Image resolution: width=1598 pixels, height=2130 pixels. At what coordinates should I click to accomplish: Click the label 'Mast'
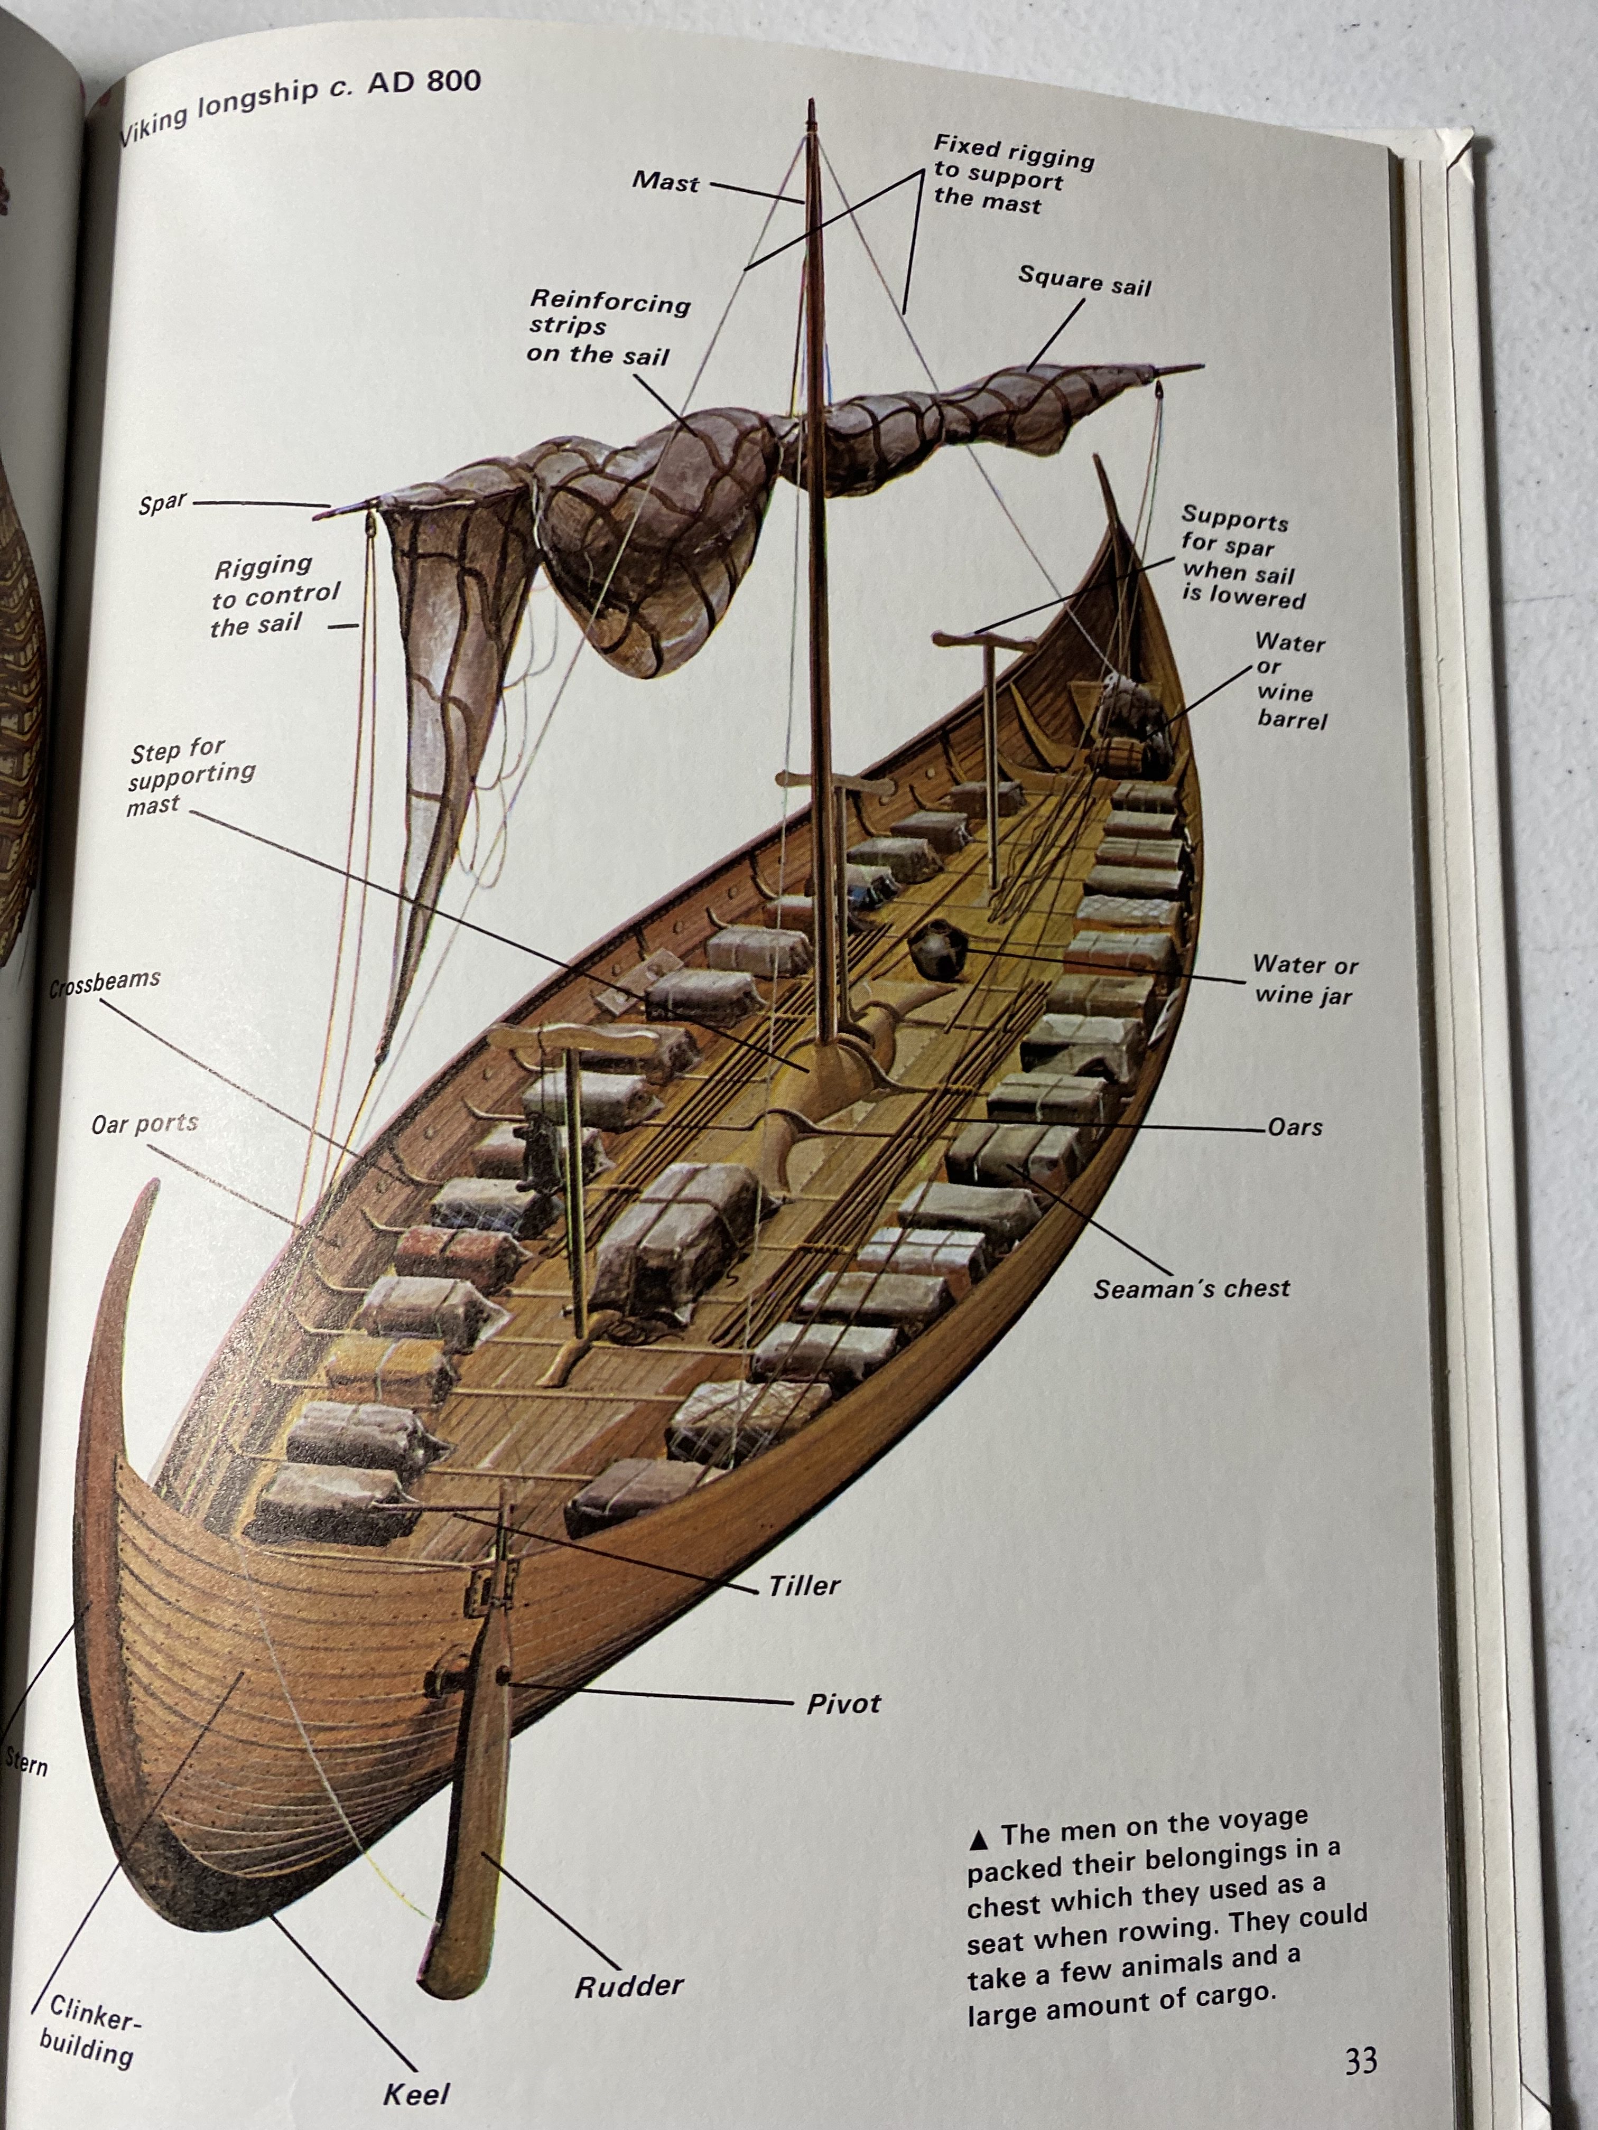click(665, 180)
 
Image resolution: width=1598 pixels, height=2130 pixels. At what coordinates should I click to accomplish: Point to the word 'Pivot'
click(844, 1704)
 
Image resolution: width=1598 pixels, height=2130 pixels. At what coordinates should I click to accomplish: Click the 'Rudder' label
click(629, 1986)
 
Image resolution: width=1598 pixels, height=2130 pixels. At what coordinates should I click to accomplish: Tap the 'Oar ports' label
click(144, 1124)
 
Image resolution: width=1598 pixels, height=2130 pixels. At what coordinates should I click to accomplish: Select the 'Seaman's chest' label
click(1191, 1290)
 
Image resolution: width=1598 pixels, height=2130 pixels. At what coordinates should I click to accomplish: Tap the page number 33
click(1361, 2061)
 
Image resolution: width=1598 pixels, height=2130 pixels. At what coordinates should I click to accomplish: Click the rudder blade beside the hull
click(472, 1829)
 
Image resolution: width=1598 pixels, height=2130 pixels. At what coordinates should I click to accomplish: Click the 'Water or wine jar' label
click(1305, 979)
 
